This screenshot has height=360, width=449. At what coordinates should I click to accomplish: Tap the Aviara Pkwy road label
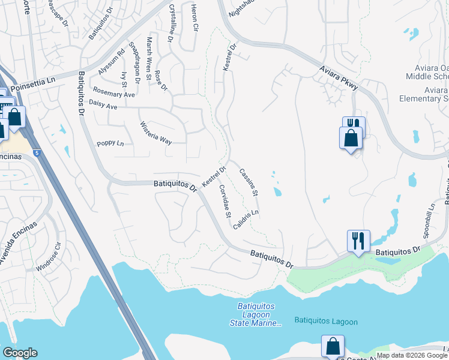[x=337, y=78]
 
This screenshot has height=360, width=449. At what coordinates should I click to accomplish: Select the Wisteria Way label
[x=156, y=133]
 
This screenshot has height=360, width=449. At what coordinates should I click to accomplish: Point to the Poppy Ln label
[x=110, y=144]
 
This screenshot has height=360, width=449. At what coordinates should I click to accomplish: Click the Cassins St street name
[x=248, y=182]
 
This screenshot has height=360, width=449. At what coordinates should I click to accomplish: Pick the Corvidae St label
[x=225, y=201]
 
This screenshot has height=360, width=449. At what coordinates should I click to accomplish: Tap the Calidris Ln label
[x=246, y=221]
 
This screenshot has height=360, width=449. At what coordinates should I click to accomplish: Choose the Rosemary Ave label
[x=113, y=94]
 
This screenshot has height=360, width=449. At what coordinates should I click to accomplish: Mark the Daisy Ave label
[x=103, y=105]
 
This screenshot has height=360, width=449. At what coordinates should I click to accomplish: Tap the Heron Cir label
[x=194, y=17]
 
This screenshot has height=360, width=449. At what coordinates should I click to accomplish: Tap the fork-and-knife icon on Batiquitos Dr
[x=358, y=241]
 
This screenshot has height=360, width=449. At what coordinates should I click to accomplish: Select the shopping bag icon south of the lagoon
[x=333, y=346]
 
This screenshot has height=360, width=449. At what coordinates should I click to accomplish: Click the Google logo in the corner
[x=20, y=353]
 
